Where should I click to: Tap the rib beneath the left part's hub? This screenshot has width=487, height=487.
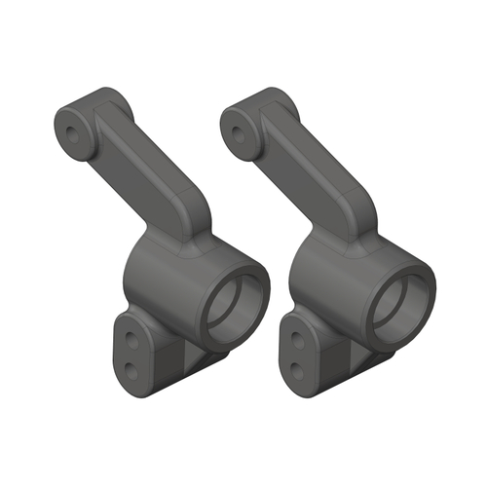200,360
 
